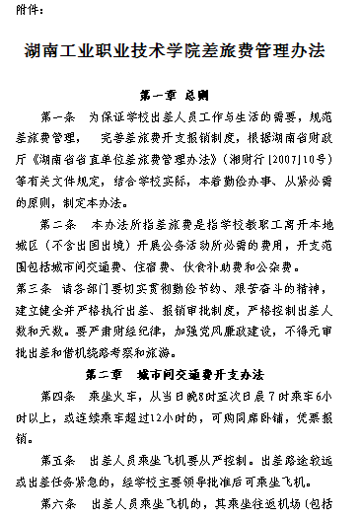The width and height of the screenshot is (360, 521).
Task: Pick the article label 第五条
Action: click(60, 460)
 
